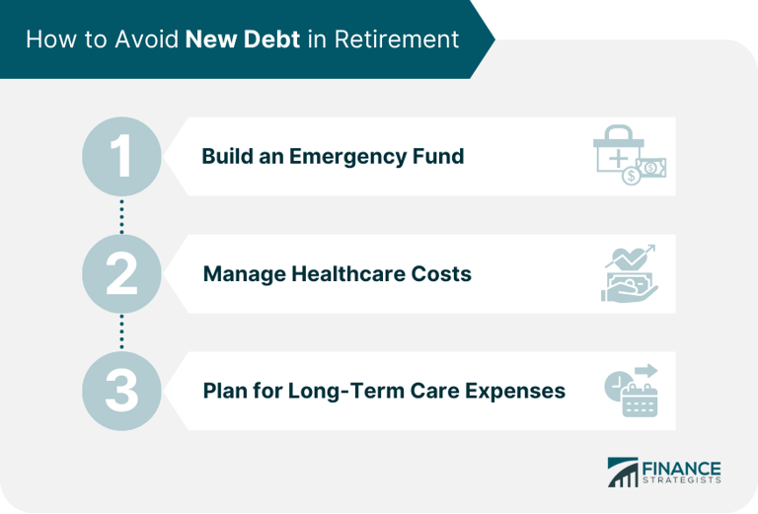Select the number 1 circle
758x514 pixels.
[121, 156]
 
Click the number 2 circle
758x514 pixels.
[121, 273]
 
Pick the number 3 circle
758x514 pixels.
[121, 391]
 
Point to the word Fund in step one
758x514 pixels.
[440, 157]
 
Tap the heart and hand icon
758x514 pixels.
[630, 274]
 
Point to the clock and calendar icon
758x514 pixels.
[631, 390]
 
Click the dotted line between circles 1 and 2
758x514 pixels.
[121, 215]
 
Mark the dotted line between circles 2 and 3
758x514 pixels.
[121, 332]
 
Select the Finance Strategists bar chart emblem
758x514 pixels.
[624, 472]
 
